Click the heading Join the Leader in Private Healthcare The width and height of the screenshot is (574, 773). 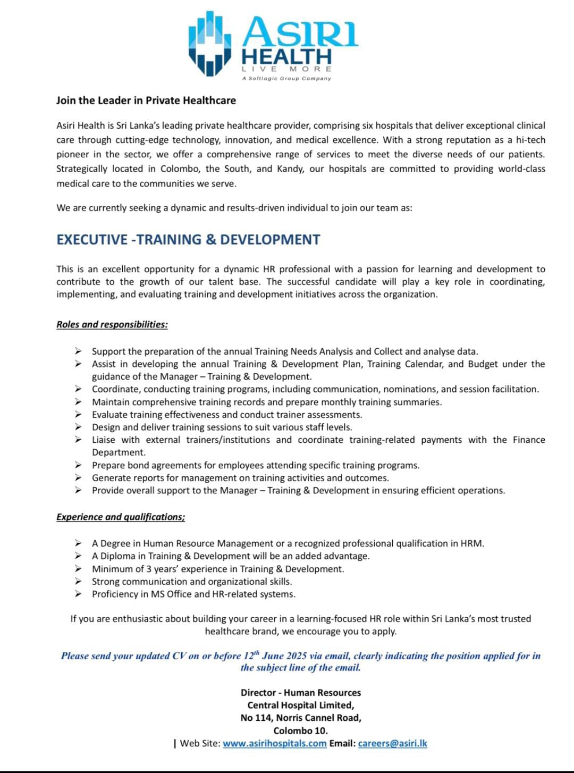pos(146,100)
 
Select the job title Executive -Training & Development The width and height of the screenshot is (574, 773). pos(188,239)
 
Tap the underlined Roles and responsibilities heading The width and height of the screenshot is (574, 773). pos(112,324)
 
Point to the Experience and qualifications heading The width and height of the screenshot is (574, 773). pos(121,517)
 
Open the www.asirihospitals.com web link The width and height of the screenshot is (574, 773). pos(274,743)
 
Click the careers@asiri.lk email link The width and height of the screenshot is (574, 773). pos(392,743)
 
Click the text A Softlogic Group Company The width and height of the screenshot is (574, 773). pos(286,79)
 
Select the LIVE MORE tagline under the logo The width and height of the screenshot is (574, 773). pos(286,69)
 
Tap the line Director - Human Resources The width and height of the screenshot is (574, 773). pos(300,692)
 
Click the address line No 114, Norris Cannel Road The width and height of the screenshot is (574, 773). pos(300,718)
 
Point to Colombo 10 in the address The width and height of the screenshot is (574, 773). pos(300,730)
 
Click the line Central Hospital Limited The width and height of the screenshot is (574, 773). pos(300,705)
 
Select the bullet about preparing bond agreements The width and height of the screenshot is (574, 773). pos(256,465)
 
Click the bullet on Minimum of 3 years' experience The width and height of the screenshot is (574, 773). pos(218,569)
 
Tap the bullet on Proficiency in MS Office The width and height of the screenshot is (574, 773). pos(193,594)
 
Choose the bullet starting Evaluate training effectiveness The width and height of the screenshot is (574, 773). pos(227,415)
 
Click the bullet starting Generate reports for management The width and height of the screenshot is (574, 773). pos(240,478)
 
